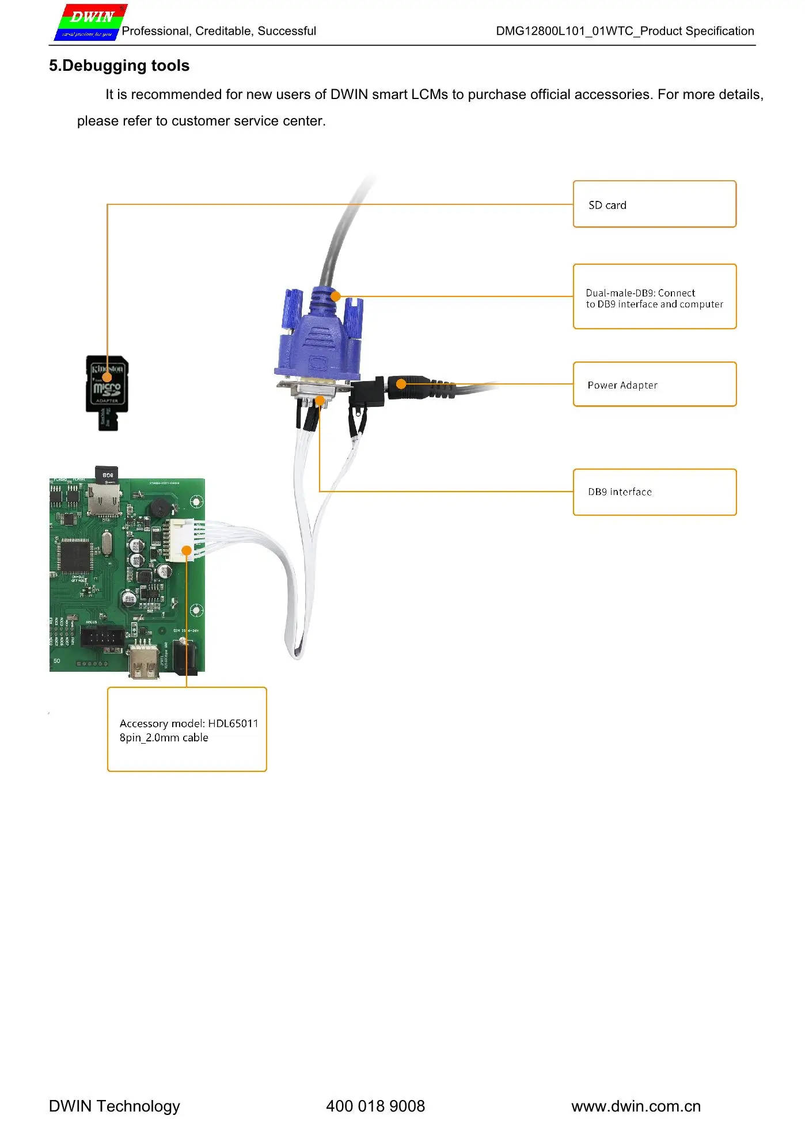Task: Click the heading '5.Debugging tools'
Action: pos(119,66)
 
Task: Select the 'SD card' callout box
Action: pos(654,204)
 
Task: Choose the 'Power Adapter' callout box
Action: pos(654,385)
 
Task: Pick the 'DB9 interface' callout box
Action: pos(654,492)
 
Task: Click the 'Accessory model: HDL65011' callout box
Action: pos(187,729)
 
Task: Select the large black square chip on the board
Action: pos(75,555)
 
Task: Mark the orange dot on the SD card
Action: pos(107,378)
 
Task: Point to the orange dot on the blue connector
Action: pos(336,296)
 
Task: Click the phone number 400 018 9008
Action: pos(375,1106)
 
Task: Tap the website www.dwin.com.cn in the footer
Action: pos(636,1106)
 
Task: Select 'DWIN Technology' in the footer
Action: pos(115,1106)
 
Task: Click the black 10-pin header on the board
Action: pos(102,637)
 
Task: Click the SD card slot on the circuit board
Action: pos(104,499)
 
